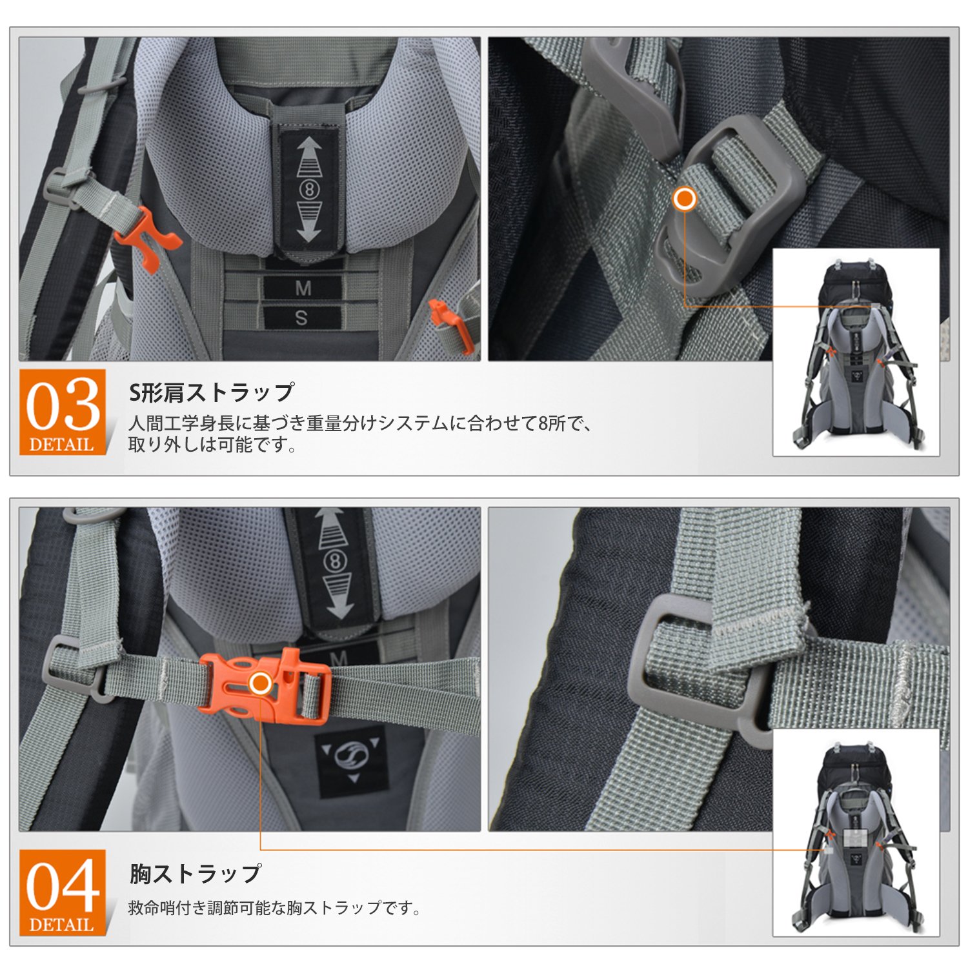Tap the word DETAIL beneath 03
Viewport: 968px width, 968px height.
point(62,445)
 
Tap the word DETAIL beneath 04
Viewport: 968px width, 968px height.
point(62,925)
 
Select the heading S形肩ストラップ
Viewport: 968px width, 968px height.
point(212,392)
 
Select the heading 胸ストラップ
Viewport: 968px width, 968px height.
point(196,873)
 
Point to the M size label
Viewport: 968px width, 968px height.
point(303,288)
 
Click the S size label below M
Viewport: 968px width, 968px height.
point(301,318)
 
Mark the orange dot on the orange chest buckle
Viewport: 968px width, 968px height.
point(260,683)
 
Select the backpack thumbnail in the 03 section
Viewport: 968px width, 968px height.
point(856,352)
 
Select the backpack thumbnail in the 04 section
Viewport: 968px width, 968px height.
point(856,832)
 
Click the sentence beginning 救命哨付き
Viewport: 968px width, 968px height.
point(275,908)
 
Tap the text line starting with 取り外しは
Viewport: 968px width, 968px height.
point(212,445)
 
